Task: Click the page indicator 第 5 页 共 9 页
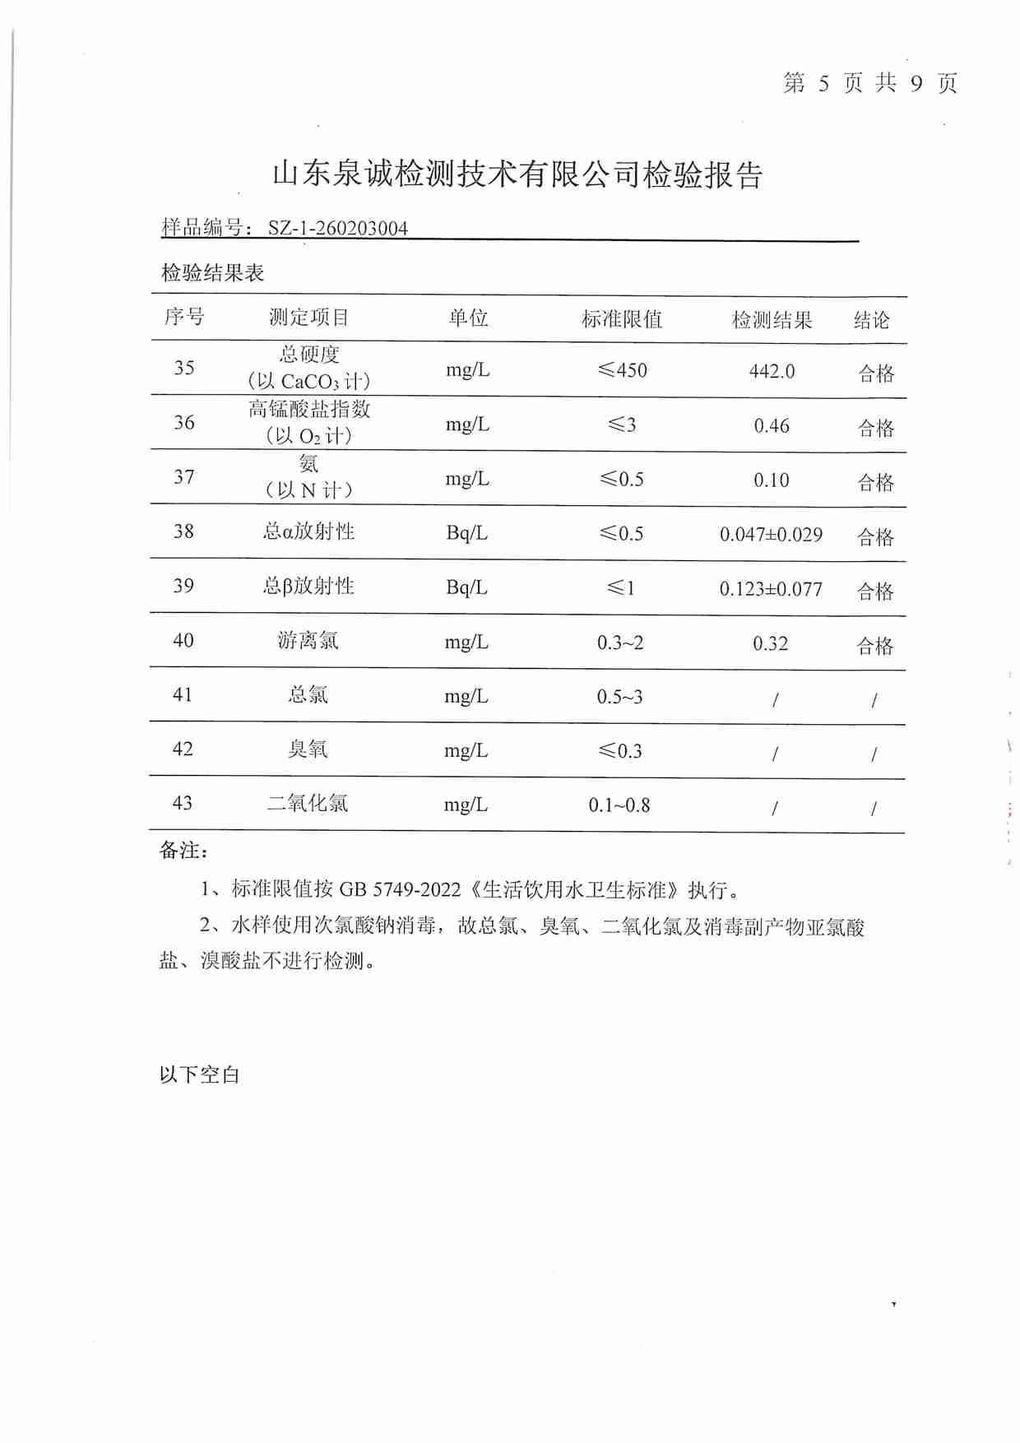(x=869, y=83)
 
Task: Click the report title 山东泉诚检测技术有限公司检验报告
(x=517, y=174)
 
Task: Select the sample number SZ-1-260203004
(x=337, y=228)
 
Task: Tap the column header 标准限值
(x=622, y=319)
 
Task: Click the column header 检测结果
(x=772, y=320)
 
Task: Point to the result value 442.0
(x=772, y=371)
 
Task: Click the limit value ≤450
(x=622, y=370)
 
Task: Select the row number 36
(x=184, y=423)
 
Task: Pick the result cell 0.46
(x=772, y=426)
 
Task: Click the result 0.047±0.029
(x=771, y=535)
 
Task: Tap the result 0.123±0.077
(x=771, y=589)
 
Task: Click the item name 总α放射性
(x=308, y=531)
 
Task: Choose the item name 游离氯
(x=308, y=640)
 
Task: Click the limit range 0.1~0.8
(x=619, y=805)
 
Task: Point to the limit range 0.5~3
(x=619, y=697)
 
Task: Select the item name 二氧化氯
(x=307, y=803)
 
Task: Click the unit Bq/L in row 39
(x=466, y=587)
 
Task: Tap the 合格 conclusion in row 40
(x=875, y=646)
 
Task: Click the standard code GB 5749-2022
(x=400, y=889)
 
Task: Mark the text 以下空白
(x=199, y=1074)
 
